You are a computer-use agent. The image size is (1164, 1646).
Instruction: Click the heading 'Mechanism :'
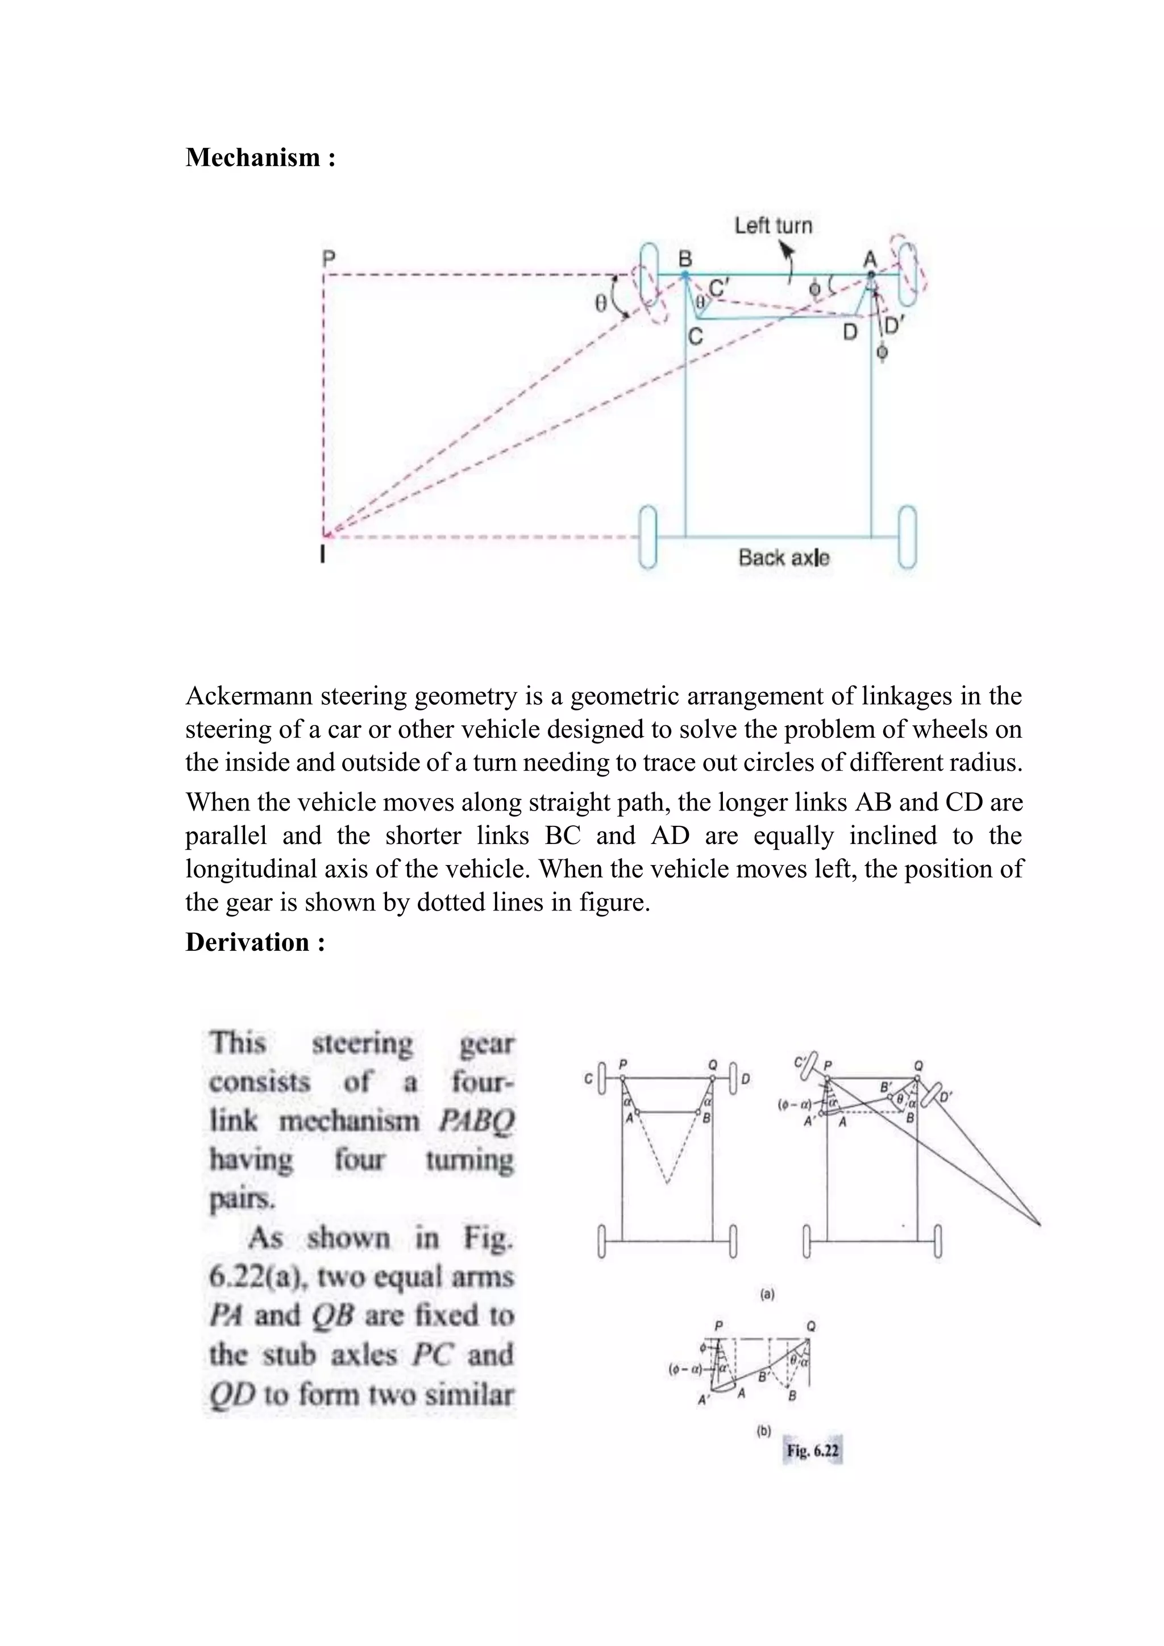[x=260, y=157]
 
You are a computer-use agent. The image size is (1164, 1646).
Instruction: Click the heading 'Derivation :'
[x=255, y=942]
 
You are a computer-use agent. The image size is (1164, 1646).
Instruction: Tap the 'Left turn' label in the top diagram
[x=772, y=226]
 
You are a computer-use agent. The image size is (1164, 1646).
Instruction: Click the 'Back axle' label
[x=783, y=558]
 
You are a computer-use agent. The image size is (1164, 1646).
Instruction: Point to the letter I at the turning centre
[x=323, y=554]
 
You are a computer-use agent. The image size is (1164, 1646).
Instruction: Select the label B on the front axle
[x=685, y=258]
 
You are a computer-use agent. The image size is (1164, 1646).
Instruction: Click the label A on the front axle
[x=870, y=258]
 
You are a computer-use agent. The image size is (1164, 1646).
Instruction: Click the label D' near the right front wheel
[x=894, y=326]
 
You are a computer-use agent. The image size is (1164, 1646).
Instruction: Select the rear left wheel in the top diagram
[x=648, y=538]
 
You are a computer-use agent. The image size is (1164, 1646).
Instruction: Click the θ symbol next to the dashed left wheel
[x=601, y=304]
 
